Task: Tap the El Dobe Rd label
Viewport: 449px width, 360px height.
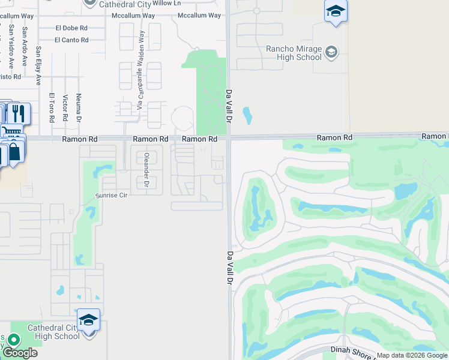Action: (x=71, y=28)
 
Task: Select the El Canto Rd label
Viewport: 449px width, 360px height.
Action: (x=71, y=40)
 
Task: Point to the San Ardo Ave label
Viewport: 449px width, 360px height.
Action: (x=25, y=38)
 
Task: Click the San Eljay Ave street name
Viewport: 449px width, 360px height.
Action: (x=38, y=65)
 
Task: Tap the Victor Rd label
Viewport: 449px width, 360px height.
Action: (x=65, y=108)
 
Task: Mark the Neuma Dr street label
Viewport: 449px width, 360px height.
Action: (x=79, y=110)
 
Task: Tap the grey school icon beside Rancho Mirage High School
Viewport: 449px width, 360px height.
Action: (x=331, y=53)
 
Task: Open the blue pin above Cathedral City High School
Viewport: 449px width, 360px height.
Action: (x=88, y=320)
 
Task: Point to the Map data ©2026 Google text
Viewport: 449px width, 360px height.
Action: (x=411, y=355)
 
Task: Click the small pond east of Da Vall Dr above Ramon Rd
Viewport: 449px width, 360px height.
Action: (x=247, y=115)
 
